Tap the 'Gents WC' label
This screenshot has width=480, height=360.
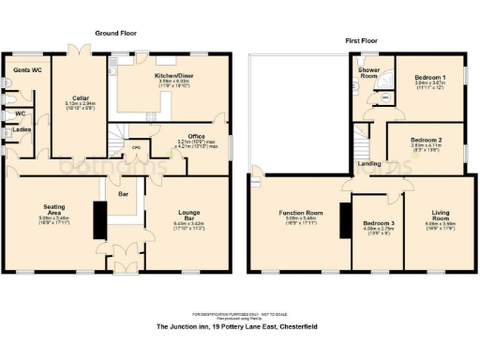tap(27, 70)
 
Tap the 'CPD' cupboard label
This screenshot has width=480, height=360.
tap(136, 147)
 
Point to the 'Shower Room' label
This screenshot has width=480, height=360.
tap(369, 74)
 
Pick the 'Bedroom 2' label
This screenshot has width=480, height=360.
tap(426, 138)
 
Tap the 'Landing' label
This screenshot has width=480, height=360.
tap(368, 164)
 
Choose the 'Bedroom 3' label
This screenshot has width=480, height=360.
tap(379, 223)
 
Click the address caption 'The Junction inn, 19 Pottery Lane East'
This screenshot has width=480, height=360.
tap(216, 327)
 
